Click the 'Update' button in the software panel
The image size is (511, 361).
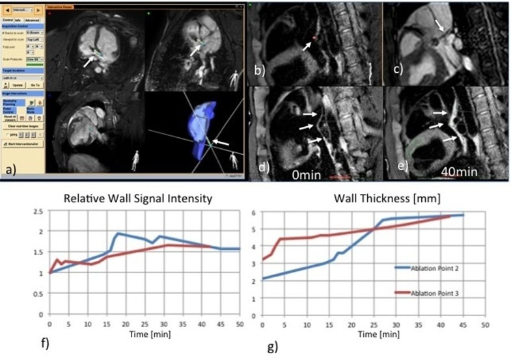tap(18, 85)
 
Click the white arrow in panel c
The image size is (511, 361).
tap(443, 27)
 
